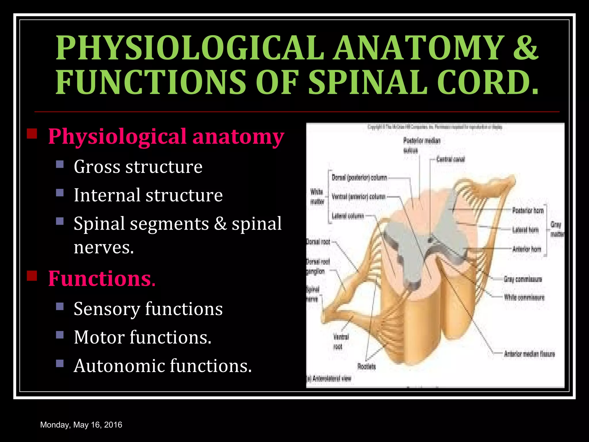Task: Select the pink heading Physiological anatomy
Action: point(166,136)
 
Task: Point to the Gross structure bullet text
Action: point(138,167)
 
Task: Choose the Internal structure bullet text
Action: point(148,195)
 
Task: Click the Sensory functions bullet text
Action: point(148,309)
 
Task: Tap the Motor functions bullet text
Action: point(143,337)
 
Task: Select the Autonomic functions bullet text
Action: point(163,366)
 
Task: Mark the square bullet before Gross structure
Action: point(60,164)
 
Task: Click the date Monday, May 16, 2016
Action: point(81,425)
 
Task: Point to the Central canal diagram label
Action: point(450,159)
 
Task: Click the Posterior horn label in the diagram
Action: point(528,210)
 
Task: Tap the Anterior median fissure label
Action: point(529,354)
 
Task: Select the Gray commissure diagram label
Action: point(523,279)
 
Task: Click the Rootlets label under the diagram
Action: point(366,366)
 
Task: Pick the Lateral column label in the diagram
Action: point(348,216)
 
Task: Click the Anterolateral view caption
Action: point(329,378)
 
